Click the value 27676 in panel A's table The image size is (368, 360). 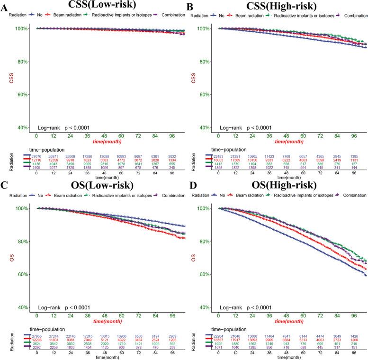click(36, 154)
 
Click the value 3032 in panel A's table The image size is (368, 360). click(172, 154)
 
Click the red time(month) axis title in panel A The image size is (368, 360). click(108, 141)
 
